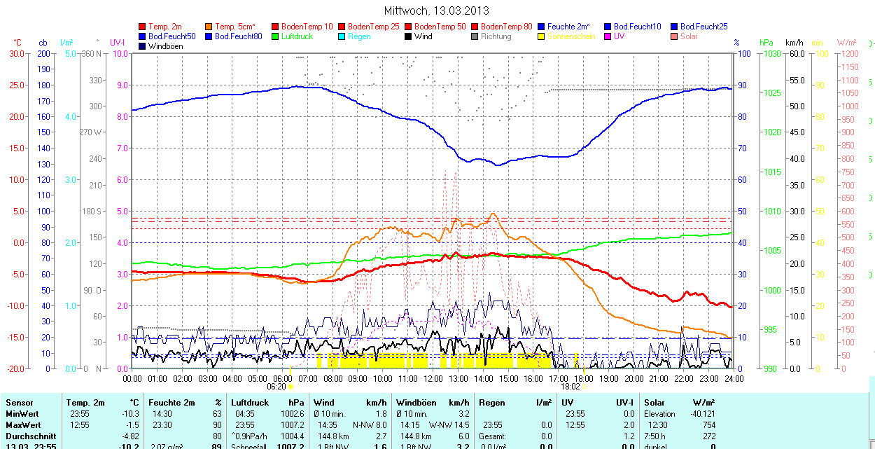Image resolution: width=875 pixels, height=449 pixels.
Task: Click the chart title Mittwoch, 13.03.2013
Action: [x=436, y=11]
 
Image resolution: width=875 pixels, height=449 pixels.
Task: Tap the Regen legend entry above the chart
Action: [x=359, y=36]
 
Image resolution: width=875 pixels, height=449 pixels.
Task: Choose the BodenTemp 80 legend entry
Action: [x=506, y=27]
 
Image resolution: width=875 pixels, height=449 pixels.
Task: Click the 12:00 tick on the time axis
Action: [x=433, y=379]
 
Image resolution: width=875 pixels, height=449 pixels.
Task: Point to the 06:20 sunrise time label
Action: [x=276, y=386]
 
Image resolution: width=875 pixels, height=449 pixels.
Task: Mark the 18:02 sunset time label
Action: [x=570, y=386]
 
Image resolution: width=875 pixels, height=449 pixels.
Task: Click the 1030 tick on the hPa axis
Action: [x=772, y=53]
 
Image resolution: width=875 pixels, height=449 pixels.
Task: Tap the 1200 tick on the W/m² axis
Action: [x=849, y=53]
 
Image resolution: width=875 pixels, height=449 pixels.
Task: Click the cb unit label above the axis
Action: [x=43, y=43]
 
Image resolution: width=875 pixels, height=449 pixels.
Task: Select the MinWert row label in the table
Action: [x=23, y=414]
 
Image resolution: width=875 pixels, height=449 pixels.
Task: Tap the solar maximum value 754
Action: [x=708, y=425]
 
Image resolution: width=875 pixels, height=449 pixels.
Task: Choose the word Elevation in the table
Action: [x=660, y=414]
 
